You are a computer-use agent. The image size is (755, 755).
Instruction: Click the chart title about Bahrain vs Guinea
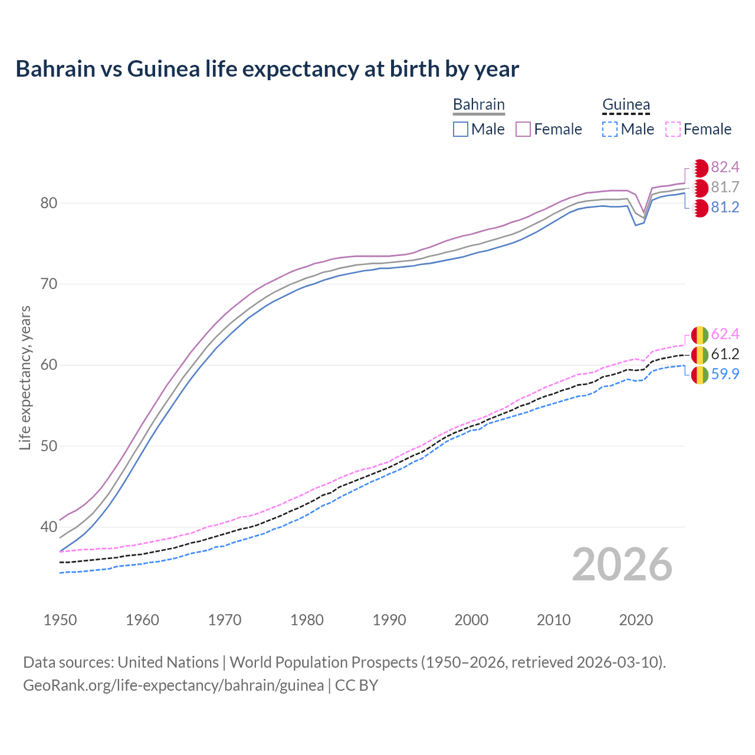tap(267, 69)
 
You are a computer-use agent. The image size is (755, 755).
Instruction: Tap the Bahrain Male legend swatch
tap(461, 129)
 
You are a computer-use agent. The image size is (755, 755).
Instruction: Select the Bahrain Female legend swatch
tap(523, 129)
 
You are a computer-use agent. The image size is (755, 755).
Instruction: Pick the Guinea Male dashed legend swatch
tap(610, 129)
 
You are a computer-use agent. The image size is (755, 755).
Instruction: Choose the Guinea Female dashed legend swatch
tap(673, 129)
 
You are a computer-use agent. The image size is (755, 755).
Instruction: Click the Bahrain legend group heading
tap(478, 104)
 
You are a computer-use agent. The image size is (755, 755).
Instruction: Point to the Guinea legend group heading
tap(626, 104)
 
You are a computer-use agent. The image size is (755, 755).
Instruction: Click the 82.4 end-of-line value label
tap(725, 168)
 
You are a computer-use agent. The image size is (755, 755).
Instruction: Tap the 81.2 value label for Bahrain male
tap(725, 208)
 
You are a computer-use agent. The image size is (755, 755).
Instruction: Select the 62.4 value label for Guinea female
tap(725, 334)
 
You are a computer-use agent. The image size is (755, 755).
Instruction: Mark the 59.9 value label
tap(725, 375)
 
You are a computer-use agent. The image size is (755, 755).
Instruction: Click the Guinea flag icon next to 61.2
tap(700, 354)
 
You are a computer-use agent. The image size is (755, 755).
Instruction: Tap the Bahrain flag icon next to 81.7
tap(700, 188)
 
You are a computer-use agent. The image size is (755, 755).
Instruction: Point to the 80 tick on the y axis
tap(48, 203)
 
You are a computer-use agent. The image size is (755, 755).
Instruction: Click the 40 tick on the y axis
tap(48, 527)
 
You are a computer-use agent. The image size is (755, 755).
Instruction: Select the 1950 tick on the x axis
tap(60, 620)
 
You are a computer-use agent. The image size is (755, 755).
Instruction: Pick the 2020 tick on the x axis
tap(636, 620)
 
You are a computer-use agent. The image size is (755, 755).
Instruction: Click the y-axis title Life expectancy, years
tap(25, 377)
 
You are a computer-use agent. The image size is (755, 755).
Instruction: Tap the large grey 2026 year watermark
tap(622, 564)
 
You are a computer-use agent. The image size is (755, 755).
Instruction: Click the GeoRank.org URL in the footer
tap(173, 685)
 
